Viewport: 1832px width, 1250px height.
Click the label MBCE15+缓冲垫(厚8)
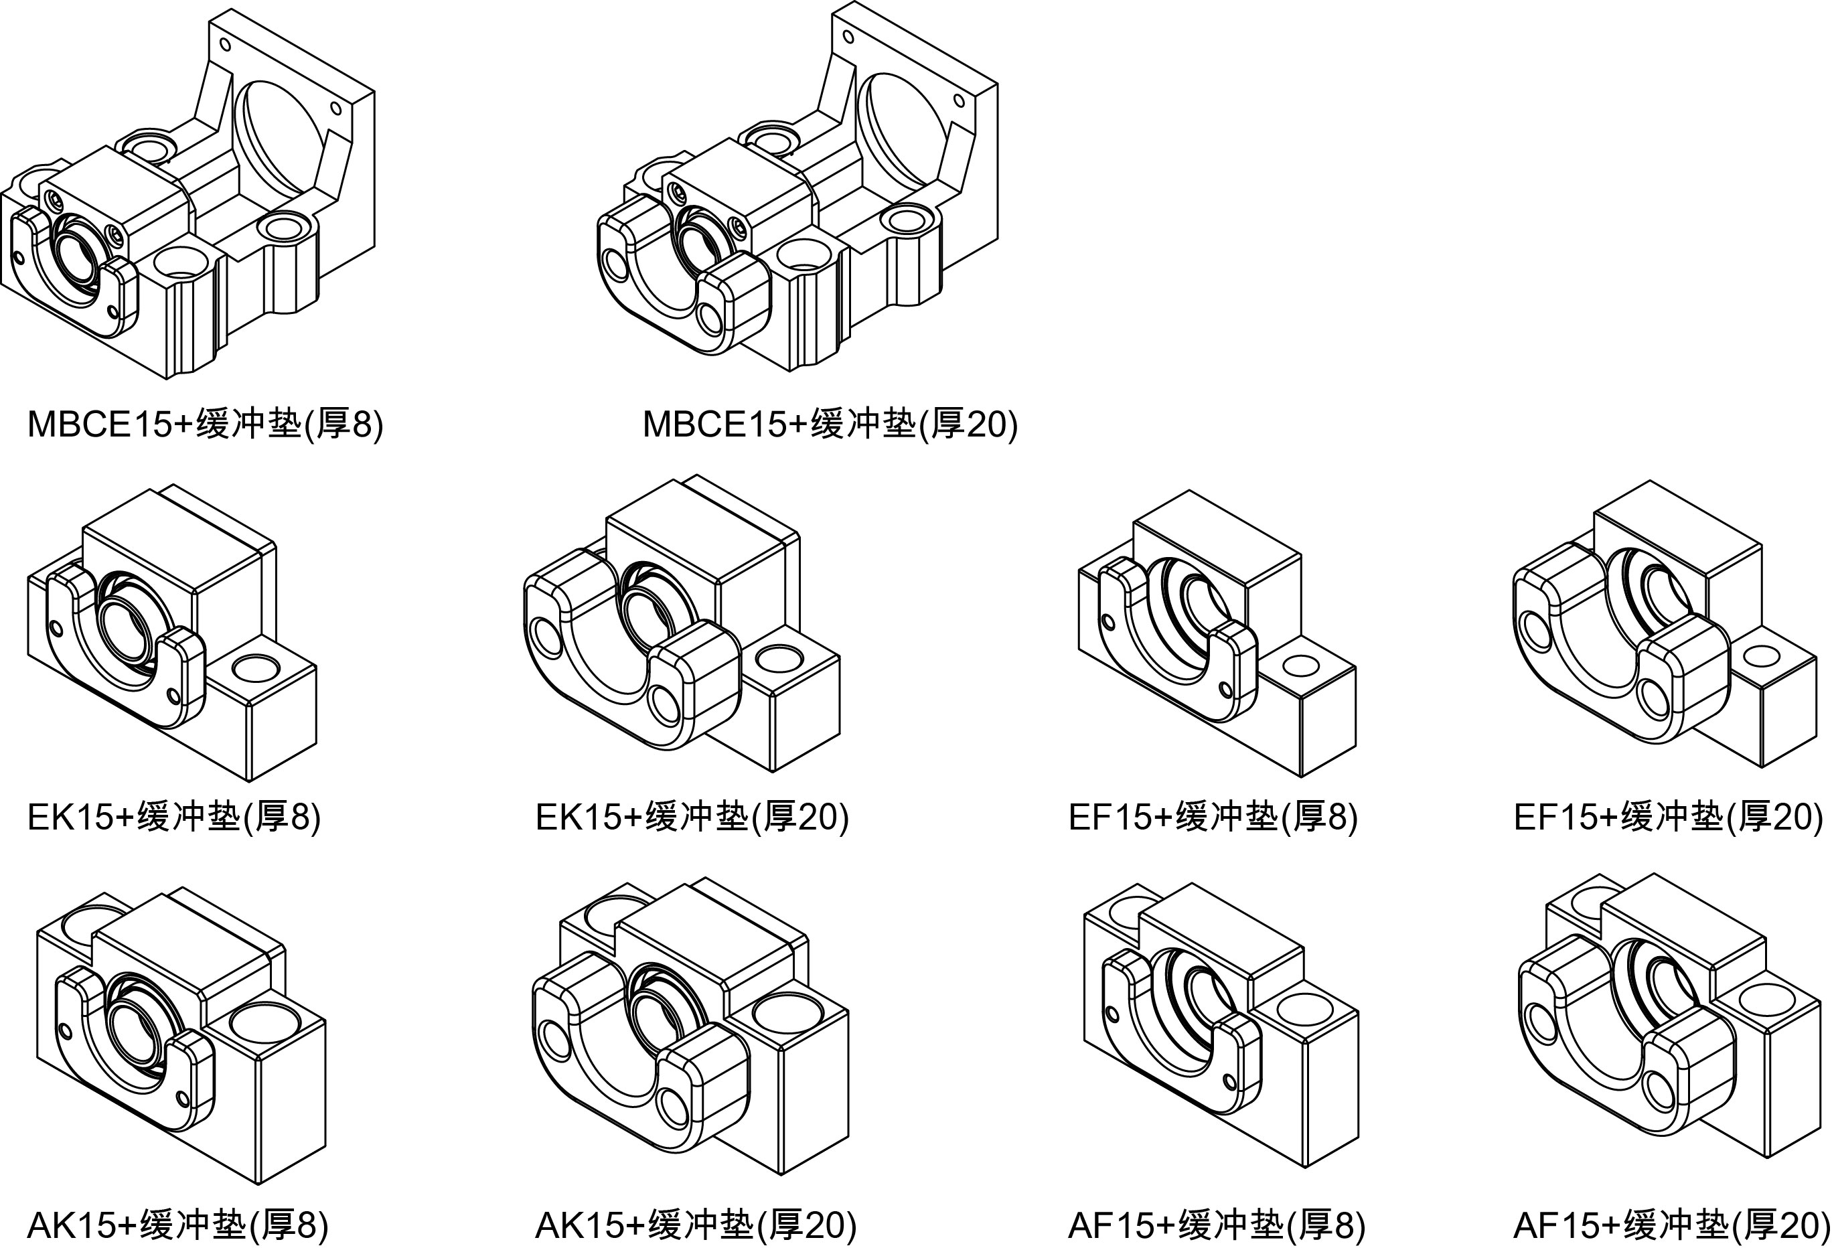tap(205, 424)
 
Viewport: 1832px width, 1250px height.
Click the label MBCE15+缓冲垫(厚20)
tap(830, 424)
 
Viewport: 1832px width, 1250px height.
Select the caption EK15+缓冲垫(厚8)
tap(173, 817)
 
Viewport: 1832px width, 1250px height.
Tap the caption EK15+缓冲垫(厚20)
tap(691, 817)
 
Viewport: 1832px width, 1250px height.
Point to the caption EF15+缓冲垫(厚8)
tap(1213, 817)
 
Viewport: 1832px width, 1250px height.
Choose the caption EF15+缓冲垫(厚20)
tap(1667, 817)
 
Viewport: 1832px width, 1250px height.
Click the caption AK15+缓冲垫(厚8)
tap(177, 1225)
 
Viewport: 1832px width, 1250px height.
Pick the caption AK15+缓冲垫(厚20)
tap(695, 1225)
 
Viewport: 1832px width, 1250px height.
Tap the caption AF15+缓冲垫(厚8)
tap(1215, 1225)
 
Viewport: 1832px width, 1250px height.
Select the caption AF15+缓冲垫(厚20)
tap(1671, 1225)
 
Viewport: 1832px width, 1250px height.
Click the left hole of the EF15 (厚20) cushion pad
tap(1534, 630)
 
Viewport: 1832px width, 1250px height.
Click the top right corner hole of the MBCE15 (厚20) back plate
tap(960, 101)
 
